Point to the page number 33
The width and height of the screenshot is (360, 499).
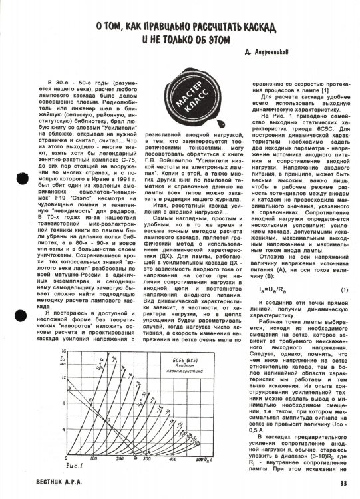coord(342,484)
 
